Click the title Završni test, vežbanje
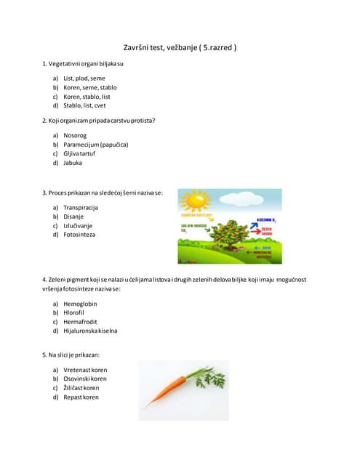pyautogui.click(x=180, y=47)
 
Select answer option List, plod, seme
pyautogui.click(x=84, y=78)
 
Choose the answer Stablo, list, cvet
pyautogui.click(x=84, y=105)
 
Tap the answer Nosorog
pyautogui.click(x=76, y=136)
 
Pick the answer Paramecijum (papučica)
pyautogui.click(x=95, y=145)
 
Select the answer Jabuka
pyautogui.click(x=73, y=163)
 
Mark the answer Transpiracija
pyautogui.click(x=80, y=208)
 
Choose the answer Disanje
pyautogui.click(x=73, y=217)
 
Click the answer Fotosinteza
pyautogui.click(x=79, y=235)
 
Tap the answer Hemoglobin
pyautogui.click(x=80, y=304)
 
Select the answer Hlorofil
pyautogui.click(x=75, y=313)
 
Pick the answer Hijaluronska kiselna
pyautogui.click(x=90, y=331)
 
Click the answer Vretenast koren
pyautogui.click(x=85, y=370)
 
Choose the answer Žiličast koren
pyautogui.click(x=81, y=388)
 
